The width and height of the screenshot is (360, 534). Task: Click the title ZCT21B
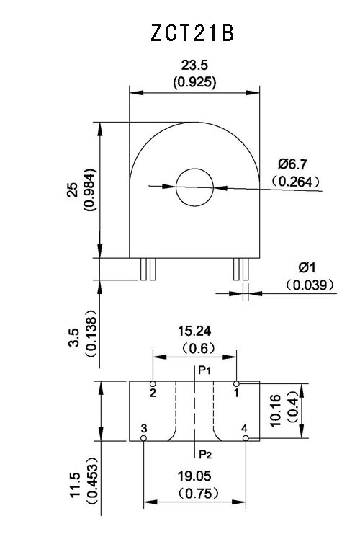point(192,33)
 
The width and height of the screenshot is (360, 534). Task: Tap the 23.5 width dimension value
point(194,65)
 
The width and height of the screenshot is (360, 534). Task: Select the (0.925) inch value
point(194,82)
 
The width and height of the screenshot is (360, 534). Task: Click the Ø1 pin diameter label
point(307,267)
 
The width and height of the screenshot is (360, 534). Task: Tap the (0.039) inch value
point(310,285)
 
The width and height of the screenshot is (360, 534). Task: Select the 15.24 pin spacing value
point(194,331)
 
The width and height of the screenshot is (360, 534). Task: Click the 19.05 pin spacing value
point(194,476)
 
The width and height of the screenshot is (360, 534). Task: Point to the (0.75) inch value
point(198,493)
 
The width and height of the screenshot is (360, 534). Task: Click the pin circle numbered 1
point(236,384)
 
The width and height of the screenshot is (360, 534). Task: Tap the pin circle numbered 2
point(153,384)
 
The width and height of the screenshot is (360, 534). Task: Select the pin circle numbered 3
point(143,438)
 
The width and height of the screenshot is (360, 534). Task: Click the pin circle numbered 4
point(246,438)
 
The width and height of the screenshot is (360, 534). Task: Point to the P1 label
point(204,370)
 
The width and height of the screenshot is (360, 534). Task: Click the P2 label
point(205,454)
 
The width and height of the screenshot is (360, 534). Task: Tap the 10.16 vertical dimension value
point(275,410)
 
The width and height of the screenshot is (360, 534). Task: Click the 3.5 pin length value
point(74,337)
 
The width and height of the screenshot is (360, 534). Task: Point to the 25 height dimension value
point(73,190)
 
